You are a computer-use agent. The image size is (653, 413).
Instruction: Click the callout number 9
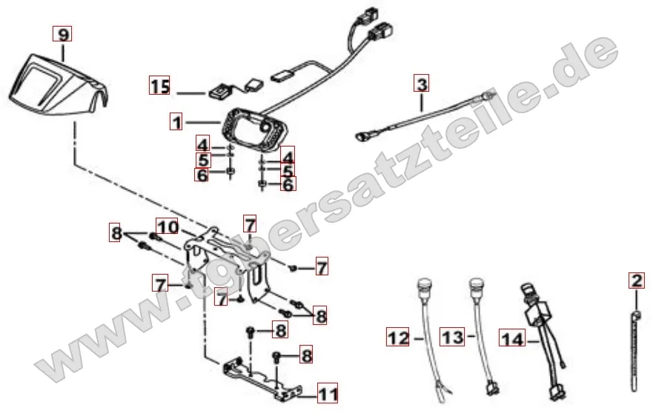pos(62,34)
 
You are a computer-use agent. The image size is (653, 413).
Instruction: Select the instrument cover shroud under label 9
pos(58,84)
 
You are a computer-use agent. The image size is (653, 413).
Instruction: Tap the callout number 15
pos(159,86)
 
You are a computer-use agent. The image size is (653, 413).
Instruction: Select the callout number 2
pos(637,281)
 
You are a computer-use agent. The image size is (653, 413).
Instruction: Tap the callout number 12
pos(398,337)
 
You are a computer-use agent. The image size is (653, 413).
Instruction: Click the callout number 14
pos(512,338)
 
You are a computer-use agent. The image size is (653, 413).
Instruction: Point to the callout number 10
pos(168,226)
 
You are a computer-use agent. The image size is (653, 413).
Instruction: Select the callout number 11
pos(328,394)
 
